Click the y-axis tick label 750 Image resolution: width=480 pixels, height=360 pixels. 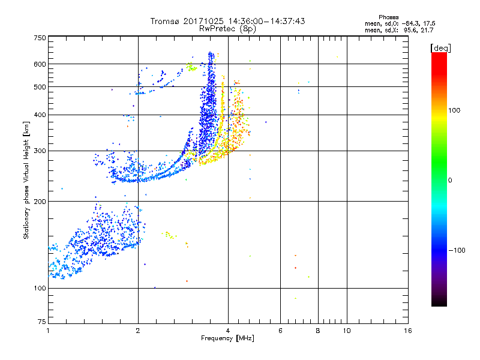(39, 37)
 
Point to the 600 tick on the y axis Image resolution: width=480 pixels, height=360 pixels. (39, 64)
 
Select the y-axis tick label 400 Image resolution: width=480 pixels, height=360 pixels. (39, 115)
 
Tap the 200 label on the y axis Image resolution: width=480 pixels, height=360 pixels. (39, 202)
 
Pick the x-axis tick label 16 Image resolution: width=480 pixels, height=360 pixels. (407, 331)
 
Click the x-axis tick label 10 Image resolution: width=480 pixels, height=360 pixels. (346, 331)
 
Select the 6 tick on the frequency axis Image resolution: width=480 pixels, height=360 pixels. (280, 331)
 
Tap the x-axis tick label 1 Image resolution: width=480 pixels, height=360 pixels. (48, 331)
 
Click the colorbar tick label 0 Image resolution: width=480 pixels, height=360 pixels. (451, 180)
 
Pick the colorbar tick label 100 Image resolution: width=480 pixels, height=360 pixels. (455, 110)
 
